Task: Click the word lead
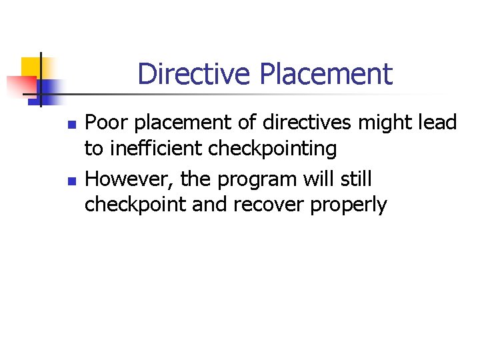(x=437, y=123)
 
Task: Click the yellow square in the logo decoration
(x=32, y=67)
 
